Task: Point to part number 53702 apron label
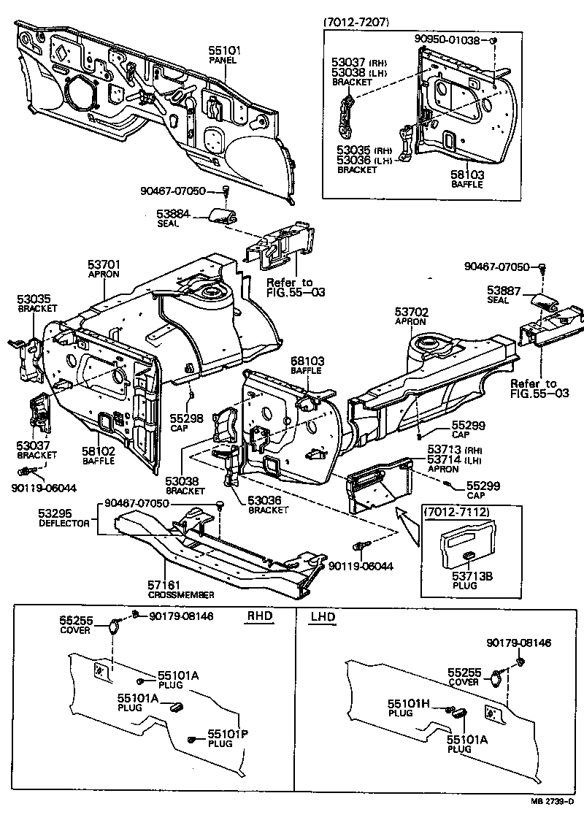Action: tap(412, 312)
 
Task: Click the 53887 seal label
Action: tap(504, 290)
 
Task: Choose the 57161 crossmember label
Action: tap(168, 585)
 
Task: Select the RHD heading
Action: tap(258, 616)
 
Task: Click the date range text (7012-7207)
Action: tap(356, 23)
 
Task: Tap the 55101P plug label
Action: tap(228, 734)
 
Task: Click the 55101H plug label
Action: tap(409, 703)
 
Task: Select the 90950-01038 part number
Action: tap(447, 40)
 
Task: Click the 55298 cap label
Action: tap(187, 417)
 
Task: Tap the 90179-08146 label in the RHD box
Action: tap(181, 616)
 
